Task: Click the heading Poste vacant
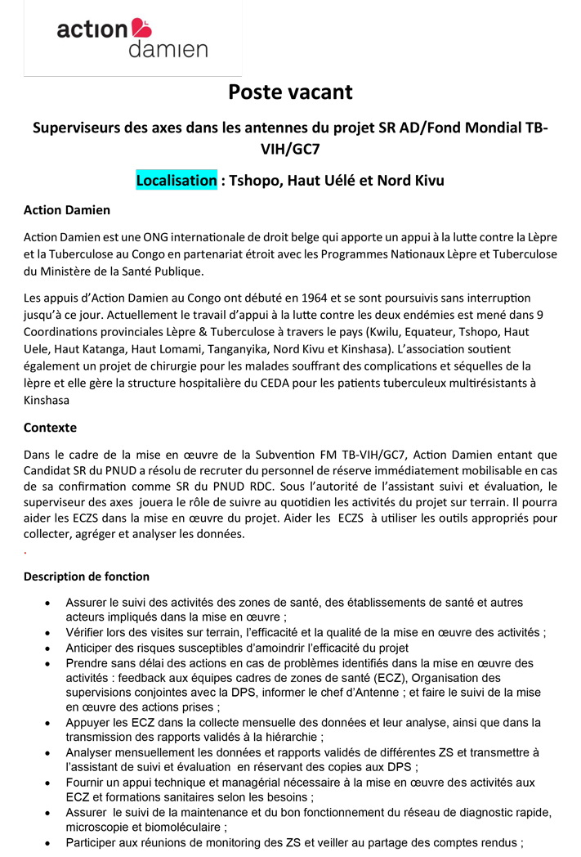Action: point(290,92)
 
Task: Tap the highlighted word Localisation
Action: point(177,180)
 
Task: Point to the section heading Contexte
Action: point(50,427)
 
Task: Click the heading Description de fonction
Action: point(87,577)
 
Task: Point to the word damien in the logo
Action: point(168,50)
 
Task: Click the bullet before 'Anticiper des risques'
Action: point(49,648)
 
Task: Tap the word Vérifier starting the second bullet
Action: point(87,632)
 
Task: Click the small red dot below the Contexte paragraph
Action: point(25,553)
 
